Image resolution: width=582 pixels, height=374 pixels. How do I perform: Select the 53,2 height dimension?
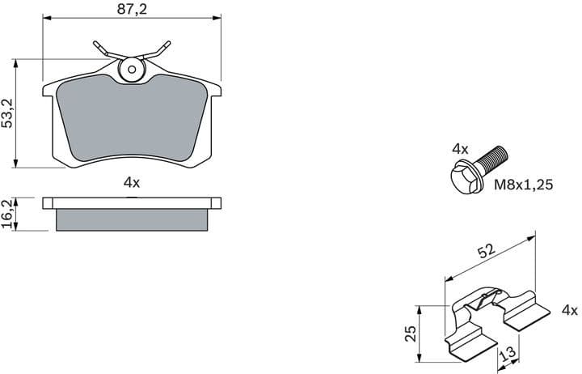(8, 113)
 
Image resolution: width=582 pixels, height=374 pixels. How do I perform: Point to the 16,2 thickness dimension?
(8, 213)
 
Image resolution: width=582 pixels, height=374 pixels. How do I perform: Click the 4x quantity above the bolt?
(460, 149)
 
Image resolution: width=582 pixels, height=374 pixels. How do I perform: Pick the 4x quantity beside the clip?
(569, 310)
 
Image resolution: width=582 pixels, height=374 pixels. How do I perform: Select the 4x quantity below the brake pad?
(132, 183)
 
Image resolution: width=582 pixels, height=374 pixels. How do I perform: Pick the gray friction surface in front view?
(132, 117)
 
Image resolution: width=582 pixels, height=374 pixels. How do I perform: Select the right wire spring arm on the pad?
(160, 49)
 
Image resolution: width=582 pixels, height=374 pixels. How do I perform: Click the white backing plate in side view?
(132, 202)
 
